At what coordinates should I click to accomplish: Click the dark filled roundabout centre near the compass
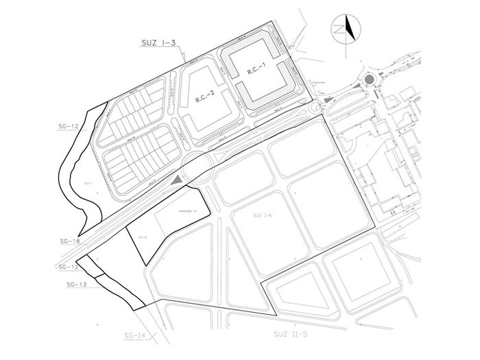coord(370,80)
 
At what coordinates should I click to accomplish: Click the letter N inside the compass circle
coord(339,29)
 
